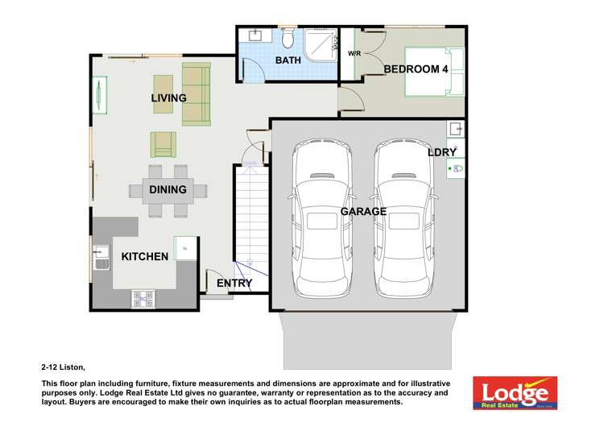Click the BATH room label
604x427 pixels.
click(288, 60)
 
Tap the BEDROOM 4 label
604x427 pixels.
click(416, 69)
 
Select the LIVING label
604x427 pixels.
click(169, 98)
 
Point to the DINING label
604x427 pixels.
click(168, 190)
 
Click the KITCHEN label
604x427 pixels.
click(145, 257)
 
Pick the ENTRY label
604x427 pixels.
click(234, 284)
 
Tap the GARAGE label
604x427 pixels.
click(363, 212)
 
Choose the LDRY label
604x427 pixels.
click(442, 152)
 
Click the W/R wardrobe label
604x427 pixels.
click(354, 54)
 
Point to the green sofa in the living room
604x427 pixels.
click(196, 93)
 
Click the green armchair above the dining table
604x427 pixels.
click(163, 144)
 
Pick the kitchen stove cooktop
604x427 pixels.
click(143, 299)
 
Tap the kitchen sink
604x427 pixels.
click(101, 257)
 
